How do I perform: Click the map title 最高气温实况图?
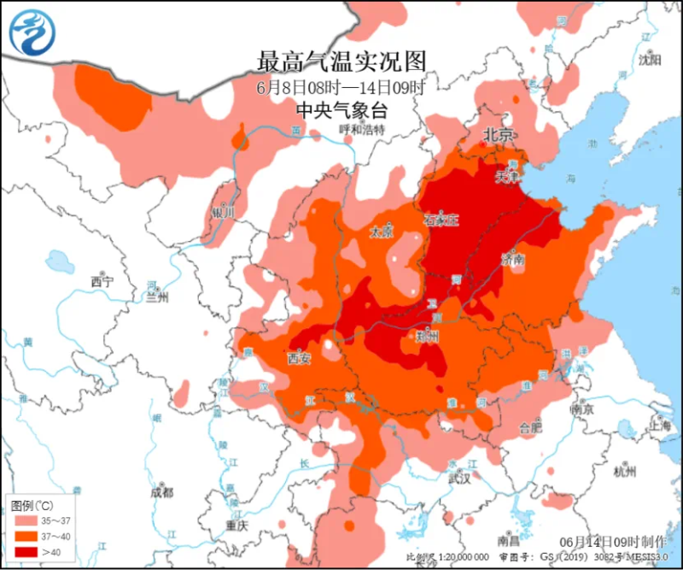coord(341,62)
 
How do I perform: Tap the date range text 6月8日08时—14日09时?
coord(341,87)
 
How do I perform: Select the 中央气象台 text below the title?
coord(341,109)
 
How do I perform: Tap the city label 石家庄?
coord(441,220)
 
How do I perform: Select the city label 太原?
coord(381,232)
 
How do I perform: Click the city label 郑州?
coord(426,336)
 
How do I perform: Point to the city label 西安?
coord(299,358)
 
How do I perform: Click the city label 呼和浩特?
coord(362,130)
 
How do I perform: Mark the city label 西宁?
coord(102,281)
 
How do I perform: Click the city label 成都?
coord(161,492)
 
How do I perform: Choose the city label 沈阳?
coord(651,60)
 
